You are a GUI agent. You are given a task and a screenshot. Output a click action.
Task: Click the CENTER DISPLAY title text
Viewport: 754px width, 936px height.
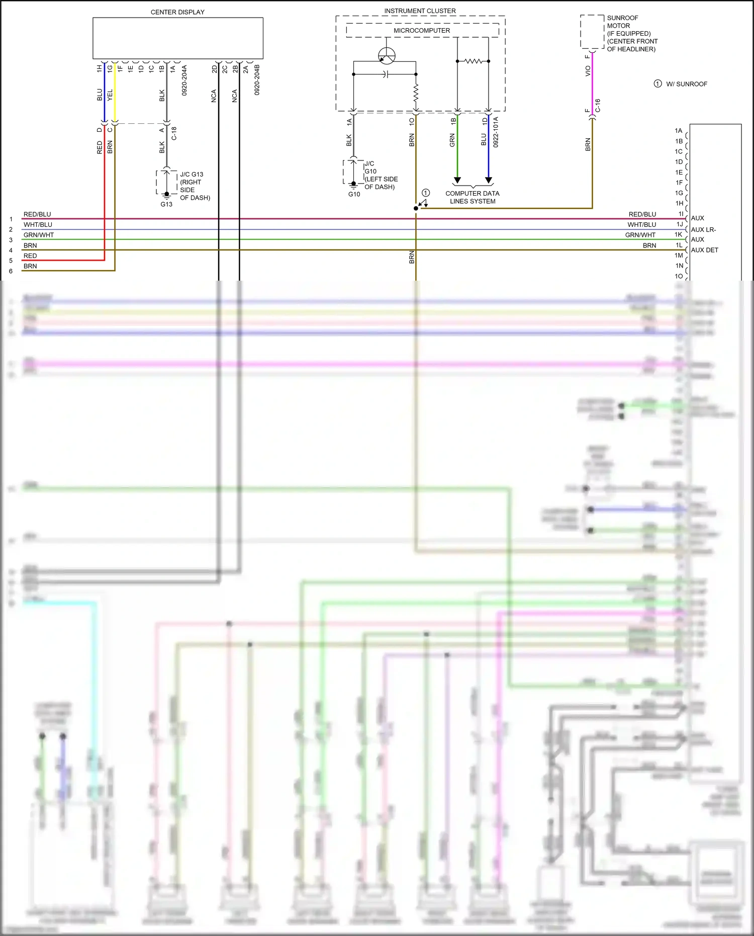[x=177, y=12]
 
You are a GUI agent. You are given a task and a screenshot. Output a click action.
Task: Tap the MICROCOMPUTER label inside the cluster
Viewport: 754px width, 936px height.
[x=422, y=31]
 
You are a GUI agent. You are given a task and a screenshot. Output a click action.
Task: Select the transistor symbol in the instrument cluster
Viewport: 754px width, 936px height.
[x=387, y=56]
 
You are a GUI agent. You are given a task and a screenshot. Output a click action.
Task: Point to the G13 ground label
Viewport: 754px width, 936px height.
[x=166, y=204]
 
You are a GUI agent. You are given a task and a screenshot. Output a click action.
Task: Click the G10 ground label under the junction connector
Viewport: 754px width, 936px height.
[x=354, y=194]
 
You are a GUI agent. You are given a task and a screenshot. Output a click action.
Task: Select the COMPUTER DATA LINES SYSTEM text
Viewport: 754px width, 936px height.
[x=473, y=197]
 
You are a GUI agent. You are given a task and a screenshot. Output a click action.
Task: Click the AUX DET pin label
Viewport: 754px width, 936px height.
[x=704, y=250]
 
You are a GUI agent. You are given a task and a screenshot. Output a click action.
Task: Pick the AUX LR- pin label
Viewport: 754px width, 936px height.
[x=703, y=229]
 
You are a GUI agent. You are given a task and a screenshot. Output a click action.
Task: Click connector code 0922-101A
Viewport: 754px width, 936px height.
[x=496, y=132]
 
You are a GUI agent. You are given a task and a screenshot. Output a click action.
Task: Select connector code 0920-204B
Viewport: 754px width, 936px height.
[x=257, y=80]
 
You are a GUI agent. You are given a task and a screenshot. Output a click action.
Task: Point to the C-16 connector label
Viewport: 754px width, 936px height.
[x=598, y=106]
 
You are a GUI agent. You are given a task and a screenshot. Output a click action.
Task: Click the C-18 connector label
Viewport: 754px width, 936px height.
[x=174, y=133]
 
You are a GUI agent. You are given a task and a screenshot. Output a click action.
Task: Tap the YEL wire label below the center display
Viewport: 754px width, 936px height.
[x=110, y=95]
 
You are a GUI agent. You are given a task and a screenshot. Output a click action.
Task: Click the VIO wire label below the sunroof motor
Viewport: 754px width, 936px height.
[x=588, y=71]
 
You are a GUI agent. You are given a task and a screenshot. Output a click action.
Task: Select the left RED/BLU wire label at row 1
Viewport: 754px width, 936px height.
[x=37, y=214]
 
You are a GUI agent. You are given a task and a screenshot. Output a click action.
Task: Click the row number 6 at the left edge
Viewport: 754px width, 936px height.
[x=11, y=271]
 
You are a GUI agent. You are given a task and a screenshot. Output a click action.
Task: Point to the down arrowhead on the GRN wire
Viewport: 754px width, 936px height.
[x=457, y=180]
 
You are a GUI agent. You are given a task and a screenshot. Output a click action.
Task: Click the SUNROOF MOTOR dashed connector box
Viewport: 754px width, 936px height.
[x=592, y=32]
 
